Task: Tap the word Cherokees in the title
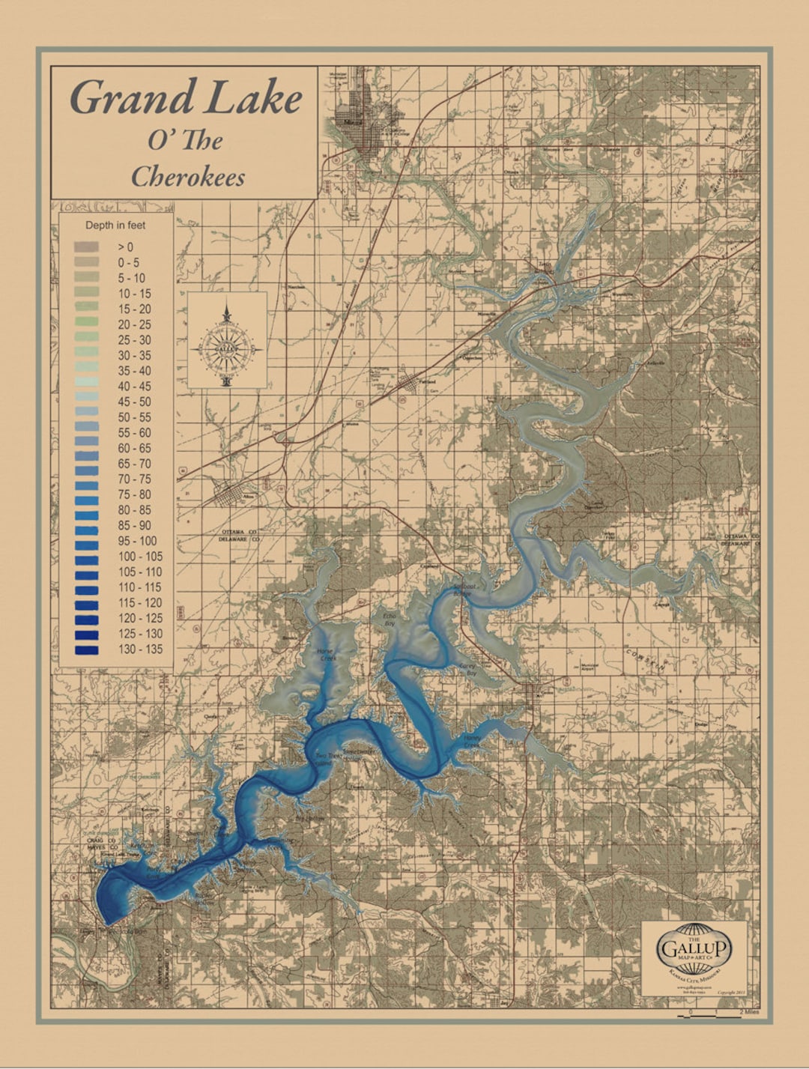tap(188, 177)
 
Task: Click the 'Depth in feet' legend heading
tap(115, 225)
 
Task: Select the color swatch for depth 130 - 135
tap(86, 649)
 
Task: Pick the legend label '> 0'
tap(125, 246)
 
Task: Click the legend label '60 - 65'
tap(134, 448)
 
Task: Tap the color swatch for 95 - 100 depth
tap(86, 541)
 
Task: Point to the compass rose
tap(226, 345)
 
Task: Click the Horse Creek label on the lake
tap(326, 655)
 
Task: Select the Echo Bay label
tap(389, 618)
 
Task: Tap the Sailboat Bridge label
tap(462, 590)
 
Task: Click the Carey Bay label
tap(467, 669)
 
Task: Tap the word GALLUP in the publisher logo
tap(694, 948)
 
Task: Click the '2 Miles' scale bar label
tap(750, 1011)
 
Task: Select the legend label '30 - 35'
tap(134, 355)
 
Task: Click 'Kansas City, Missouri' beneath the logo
tap(694, 974)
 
